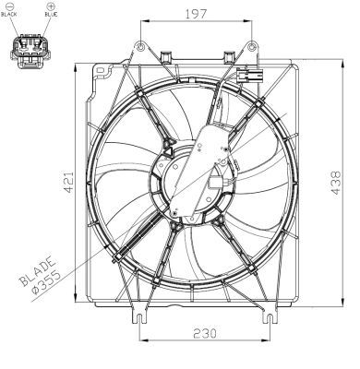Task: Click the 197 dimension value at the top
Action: (192, 13)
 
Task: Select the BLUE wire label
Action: (53, 16)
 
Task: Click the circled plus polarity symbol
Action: (52, 6)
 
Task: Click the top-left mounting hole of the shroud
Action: (139, 46)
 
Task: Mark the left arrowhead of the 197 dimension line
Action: (142, 22)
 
